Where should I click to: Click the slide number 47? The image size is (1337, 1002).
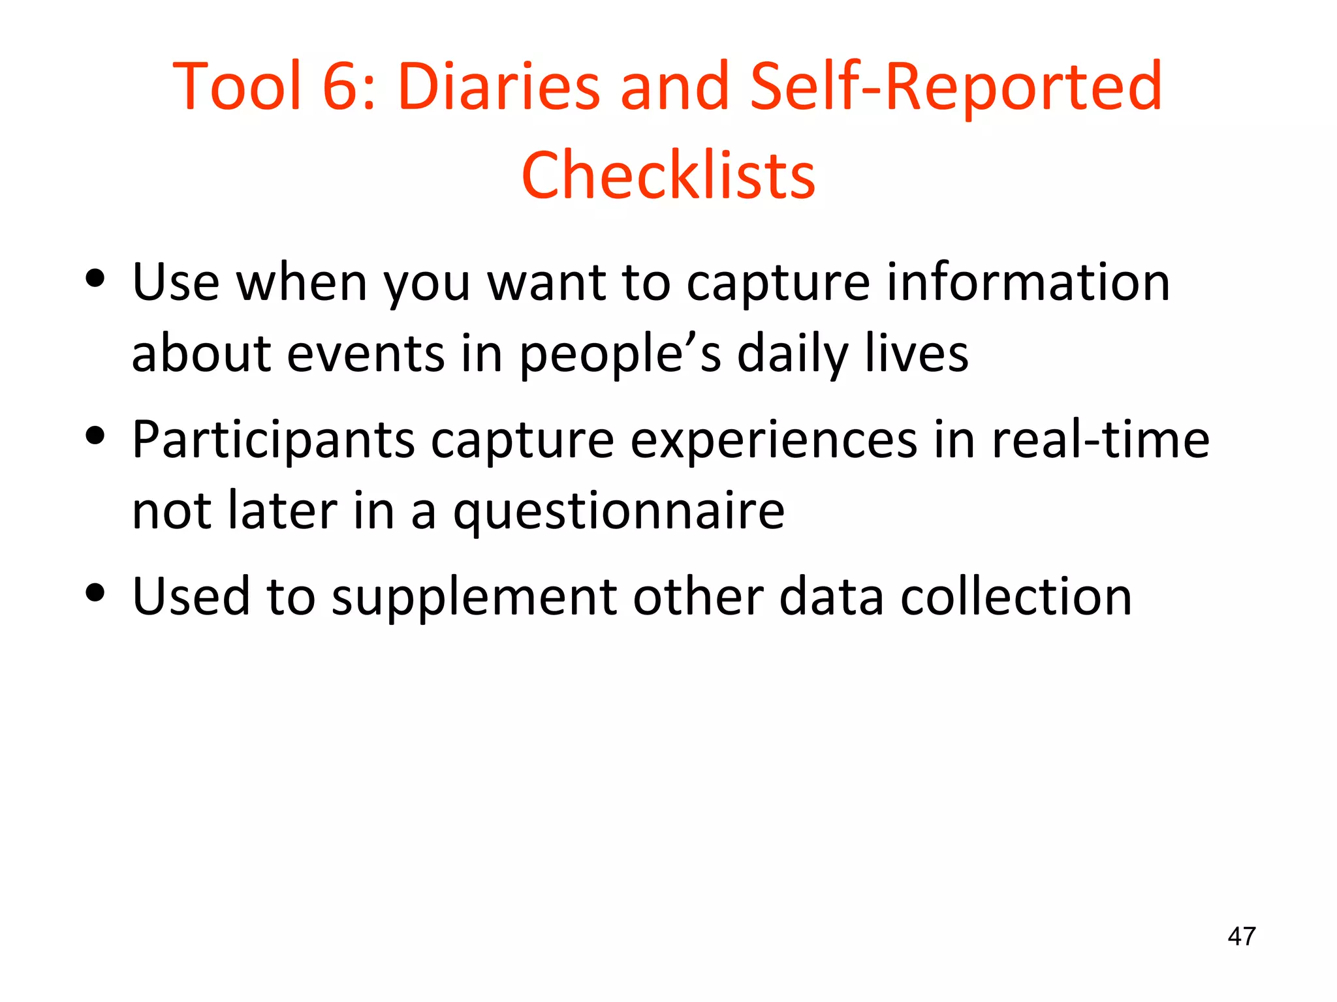tap(1241, 936)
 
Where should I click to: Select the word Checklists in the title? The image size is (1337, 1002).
tap(668, 175)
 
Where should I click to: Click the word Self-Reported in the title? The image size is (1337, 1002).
tap(956, 86)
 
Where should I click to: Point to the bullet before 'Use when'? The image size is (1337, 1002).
tap(95, 279)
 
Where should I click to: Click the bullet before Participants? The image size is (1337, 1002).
tap(95, 436)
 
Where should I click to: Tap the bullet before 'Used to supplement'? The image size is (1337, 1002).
tap(95, 593)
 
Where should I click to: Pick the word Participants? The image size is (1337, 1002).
tap(273, 440)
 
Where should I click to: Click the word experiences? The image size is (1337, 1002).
tap(774, 440)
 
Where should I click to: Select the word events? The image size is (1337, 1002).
tap(366, 354)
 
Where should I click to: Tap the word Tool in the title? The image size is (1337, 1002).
tap(238, 86)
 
